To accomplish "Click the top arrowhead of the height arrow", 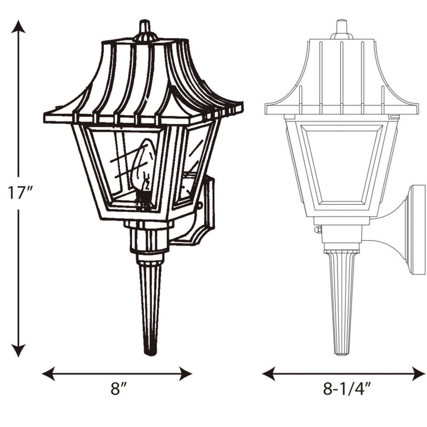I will tap(19, 27).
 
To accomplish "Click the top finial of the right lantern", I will tap(341, 27).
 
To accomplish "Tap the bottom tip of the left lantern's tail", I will tap(150, 351).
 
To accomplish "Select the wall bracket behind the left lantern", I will tap(202, 213).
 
